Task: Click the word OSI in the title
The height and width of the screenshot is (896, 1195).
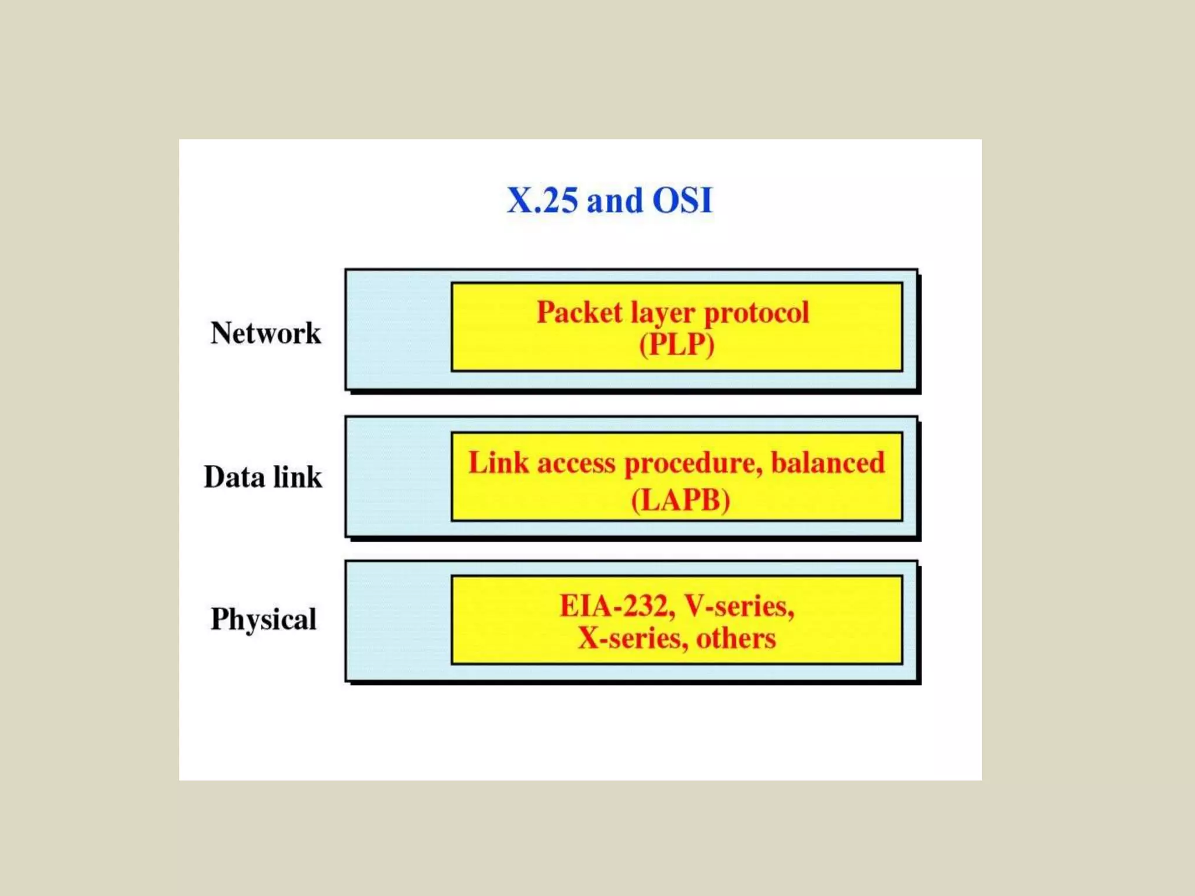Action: pos(682,201)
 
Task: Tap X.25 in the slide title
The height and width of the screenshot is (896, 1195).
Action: pos(542,201)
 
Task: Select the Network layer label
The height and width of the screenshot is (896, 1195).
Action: pos(265,333)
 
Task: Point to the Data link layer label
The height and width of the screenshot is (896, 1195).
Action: pos(263,477)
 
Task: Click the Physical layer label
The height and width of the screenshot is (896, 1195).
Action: pos(263,619)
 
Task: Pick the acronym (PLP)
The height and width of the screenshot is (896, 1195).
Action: pos(676,344)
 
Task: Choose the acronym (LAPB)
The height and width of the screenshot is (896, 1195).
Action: pos(680,500)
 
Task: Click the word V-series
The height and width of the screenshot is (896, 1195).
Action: pos(739,605)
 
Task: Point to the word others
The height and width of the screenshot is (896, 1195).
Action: pos(736,638)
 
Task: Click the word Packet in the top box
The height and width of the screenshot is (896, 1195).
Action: pos(579,312)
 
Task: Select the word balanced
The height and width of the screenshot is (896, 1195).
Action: pos(827,463)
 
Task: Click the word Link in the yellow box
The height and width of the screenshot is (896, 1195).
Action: pos(498,463)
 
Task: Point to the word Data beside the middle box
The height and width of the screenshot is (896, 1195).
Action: pos(234,477)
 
